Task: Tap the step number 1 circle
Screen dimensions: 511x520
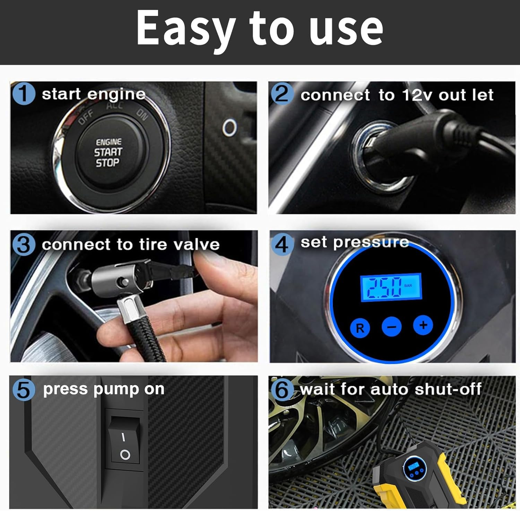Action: [23, 94]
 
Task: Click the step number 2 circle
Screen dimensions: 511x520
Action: [282, 94]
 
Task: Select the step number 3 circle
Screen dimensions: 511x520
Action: [23, 244]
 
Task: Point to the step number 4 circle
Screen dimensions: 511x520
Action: [282, 244]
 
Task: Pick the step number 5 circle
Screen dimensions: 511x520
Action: [23, 390]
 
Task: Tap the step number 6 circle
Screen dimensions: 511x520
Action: [282, 390]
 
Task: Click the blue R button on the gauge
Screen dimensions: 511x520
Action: [360, 328]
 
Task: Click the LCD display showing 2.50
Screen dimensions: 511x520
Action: [391, 287]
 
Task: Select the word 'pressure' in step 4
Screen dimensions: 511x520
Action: [371, 242]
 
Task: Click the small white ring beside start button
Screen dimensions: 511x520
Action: [229, 127]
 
